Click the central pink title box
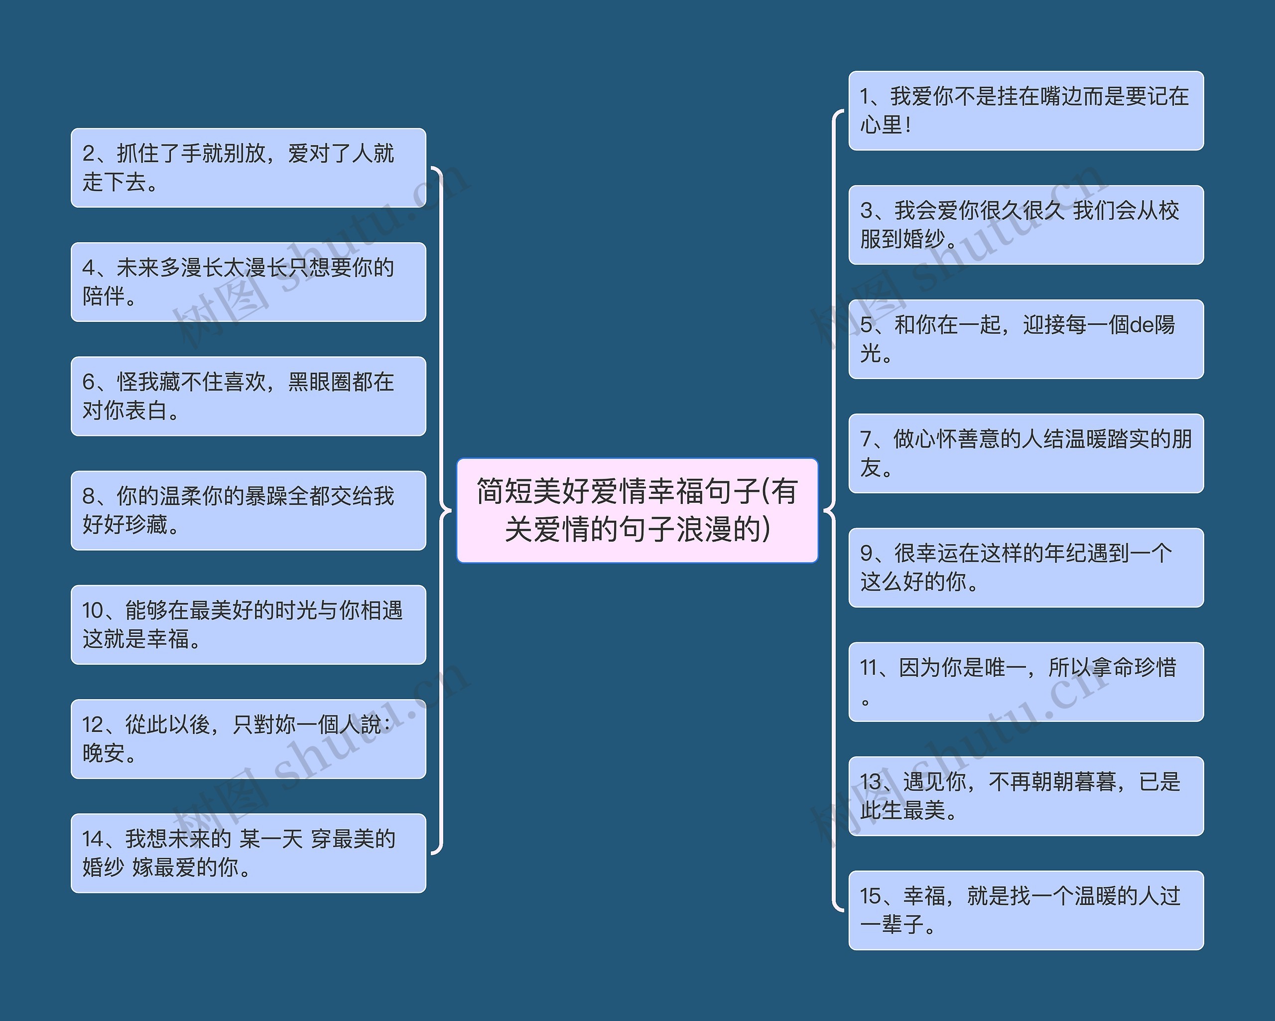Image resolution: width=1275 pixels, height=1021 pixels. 637,510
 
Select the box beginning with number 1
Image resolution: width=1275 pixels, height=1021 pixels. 1025,111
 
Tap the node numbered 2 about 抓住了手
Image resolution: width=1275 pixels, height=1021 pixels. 248,167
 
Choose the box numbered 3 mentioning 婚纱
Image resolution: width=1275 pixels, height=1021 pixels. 1025,225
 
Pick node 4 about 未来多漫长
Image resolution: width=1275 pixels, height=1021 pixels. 248,282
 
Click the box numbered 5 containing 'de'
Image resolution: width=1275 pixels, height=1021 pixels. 1025,339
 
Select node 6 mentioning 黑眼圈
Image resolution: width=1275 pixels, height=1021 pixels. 248,396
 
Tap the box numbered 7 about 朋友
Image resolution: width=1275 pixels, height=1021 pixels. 1025,453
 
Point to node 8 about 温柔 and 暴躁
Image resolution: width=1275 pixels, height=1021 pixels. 248,510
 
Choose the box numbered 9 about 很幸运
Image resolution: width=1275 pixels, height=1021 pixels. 1025,567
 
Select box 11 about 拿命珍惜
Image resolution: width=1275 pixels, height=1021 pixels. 1025,682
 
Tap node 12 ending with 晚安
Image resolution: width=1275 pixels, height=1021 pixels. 248,738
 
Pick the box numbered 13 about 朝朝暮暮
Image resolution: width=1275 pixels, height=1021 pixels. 1025,796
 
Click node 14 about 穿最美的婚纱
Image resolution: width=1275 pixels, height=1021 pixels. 248,853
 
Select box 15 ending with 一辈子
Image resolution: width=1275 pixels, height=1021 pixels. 1025,910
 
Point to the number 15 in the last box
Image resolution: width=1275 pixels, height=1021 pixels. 871,896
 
